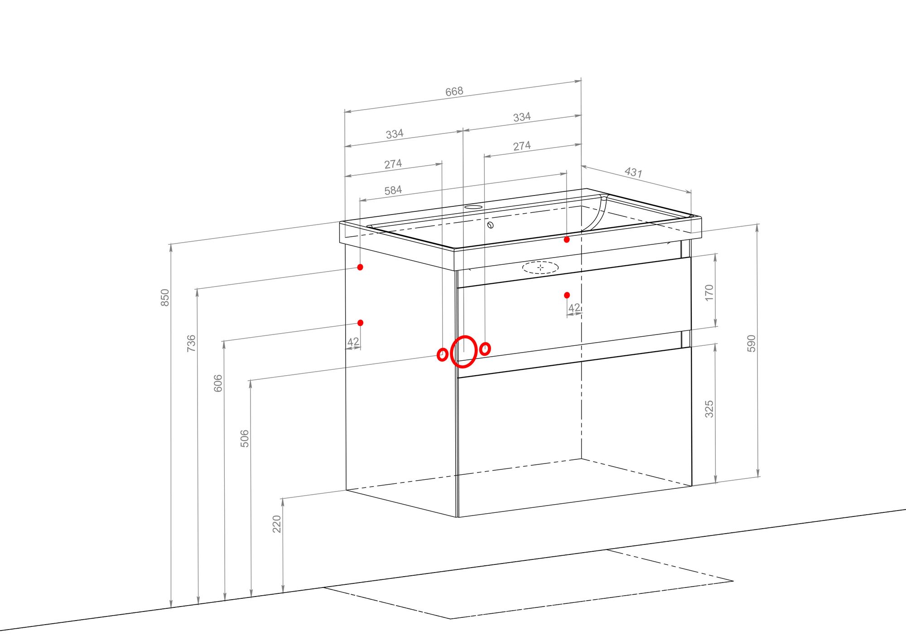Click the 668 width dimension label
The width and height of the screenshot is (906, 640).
click(x=454, y=91)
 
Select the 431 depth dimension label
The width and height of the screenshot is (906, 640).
click(x=633, y=172)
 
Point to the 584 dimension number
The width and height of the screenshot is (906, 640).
click(x=393, y=190)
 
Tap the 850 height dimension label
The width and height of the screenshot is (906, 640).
click(x=165, y=297)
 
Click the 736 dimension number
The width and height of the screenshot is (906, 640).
click(x=191, y=343)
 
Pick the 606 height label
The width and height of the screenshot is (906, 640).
click(x=218, y=383)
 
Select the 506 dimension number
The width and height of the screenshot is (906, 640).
click(x=244, y=439)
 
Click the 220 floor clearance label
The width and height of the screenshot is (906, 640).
click(x=276, y=524)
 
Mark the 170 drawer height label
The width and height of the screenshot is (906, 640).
click(x=709, y=292)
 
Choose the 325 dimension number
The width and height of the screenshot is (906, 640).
click(x=709, y=409)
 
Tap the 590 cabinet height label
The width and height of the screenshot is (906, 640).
click(x=751, y=344)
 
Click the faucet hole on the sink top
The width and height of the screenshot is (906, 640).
click(x=473, y=207)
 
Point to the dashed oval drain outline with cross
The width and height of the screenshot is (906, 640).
click(x=540, y=268)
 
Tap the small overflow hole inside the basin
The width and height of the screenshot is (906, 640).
click(x=490, y=225)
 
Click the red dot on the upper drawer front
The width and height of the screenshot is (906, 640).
click(x=567, y=295)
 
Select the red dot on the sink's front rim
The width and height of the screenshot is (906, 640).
click(x=567, y=239)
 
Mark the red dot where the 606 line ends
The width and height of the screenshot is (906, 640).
click(x=360, y=323)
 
